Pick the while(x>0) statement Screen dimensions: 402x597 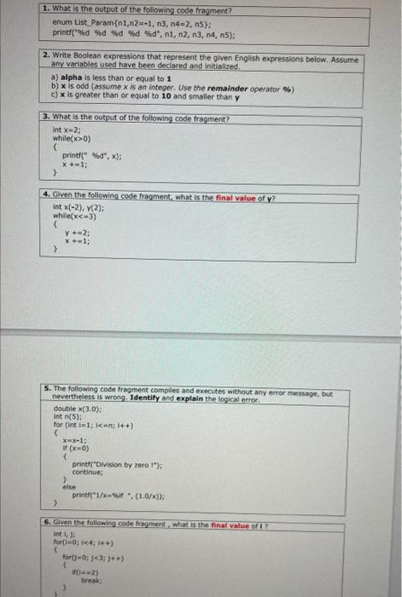coord(67,136)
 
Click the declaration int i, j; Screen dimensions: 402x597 coord(62,533)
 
